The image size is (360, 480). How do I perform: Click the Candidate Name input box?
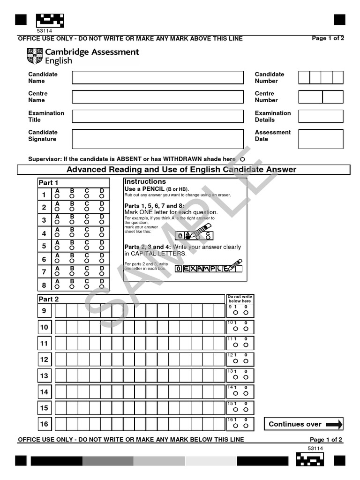coord(157,77)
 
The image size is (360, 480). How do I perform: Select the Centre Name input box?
coord(157,97)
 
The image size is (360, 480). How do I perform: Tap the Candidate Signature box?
coord(157,139)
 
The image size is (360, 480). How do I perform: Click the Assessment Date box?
coord(321,139)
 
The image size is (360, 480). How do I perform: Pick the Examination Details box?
coord(321,116)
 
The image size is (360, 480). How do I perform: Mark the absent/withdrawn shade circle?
coord(242,159)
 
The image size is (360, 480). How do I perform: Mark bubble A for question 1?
coord(57,196)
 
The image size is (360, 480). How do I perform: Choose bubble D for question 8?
coord(102,286)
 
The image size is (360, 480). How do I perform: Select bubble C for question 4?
coord(87,235)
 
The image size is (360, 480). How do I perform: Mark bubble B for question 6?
coord(72,261)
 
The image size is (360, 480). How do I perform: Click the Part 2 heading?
coord(49,299)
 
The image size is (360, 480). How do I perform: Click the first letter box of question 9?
coord(60,311)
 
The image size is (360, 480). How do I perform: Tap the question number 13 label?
coord(44,375)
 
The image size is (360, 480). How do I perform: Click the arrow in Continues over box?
coord(334,424)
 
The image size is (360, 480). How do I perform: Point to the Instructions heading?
coord(145,181)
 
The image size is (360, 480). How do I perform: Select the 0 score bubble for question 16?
coord(246,426)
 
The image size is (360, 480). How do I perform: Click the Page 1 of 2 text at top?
coord(328,38)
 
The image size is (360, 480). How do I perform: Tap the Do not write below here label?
coord(240,299)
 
